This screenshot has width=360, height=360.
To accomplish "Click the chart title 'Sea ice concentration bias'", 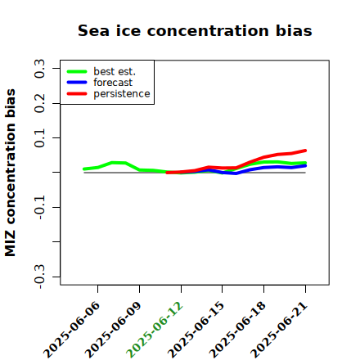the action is tap(195, 30).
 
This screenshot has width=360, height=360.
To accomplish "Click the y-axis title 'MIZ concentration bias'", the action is tap(11, 173).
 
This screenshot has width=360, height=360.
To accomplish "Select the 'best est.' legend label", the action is tap(115, 71).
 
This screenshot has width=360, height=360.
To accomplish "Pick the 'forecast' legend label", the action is tap(113, 83).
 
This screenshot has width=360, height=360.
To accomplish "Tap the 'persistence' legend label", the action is tap(122, 94).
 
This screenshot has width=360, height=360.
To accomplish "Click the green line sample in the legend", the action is tap(77, 71).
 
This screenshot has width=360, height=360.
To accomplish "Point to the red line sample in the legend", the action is tap(77, 94).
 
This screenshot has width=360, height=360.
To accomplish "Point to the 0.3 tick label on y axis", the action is tap(39, 68).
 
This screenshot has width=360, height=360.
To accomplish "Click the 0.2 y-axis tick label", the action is tap(39, 103).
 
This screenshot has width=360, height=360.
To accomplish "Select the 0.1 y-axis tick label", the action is tap(39, 138).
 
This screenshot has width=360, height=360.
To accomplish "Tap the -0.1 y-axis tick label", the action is tap(39, 207).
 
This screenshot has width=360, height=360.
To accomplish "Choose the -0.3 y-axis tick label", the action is tap(39, 277).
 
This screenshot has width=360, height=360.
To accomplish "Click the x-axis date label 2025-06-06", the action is tap(72, 330).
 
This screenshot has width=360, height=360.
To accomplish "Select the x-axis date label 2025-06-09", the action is tap(114, 330).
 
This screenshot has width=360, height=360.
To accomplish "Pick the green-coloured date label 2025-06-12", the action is tap(155, 330).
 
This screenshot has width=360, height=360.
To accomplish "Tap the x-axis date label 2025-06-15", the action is tap(196, 330).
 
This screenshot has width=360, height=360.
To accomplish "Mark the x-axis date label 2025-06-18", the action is tap(238, 330).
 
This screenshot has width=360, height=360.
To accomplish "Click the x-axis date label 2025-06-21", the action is tap(279, 330).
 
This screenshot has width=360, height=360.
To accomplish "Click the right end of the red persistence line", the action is tap(305, 151).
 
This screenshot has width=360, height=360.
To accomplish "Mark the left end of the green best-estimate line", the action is tap(84, 169).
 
